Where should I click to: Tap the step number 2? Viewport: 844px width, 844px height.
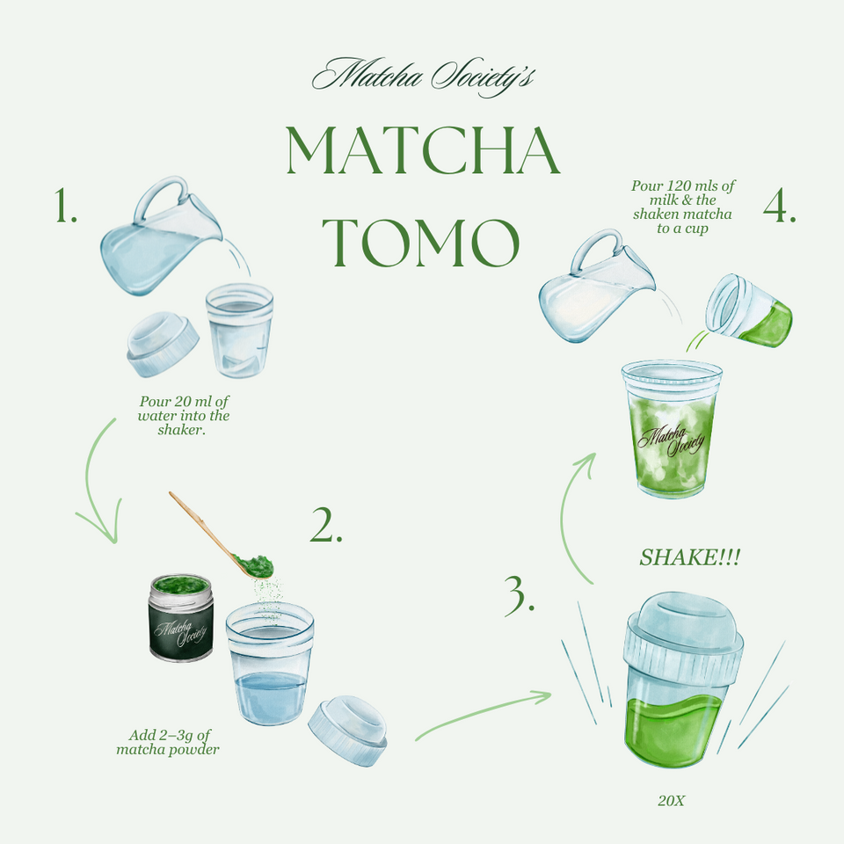point(325,525)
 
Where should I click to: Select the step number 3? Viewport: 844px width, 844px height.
point(520,595)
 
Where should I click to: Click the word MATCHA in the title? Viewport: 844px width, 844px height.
point(423,151)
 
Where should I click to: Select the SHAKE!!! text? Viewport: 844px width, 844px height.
point(689,557)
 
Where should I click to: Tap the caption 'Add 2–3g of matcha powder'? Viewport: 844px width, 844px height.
point(168,742)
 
